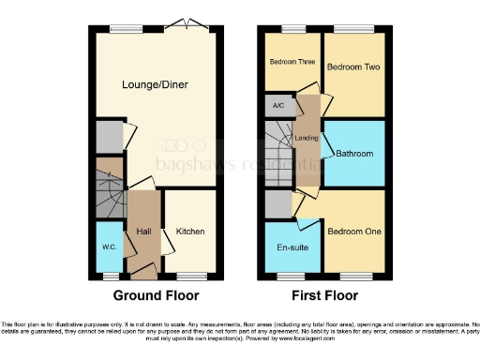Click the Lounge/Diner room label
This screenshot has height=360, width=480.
[x=155, y=85]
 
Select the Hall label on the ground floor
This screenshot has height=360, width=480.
[x=144, y=232]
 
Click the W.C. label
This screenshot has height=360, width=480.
[x=109, y=248]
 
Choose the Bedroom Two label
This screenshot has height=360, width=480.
[x=352, y=68]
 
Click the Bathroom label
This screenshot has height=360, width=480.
[x=355, y=154]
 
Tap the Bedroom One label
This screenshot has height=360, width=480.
[x=353, y=232]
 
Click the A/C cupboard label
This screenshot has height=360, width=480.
[x=278, y=106]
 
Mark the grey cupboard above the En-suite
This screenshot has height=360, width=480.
[x=278, y=202]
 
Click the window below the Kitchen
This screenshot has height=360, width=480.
[x=191, y=276]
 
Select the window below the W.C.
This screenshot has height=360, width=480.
[x=110, y=276]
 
